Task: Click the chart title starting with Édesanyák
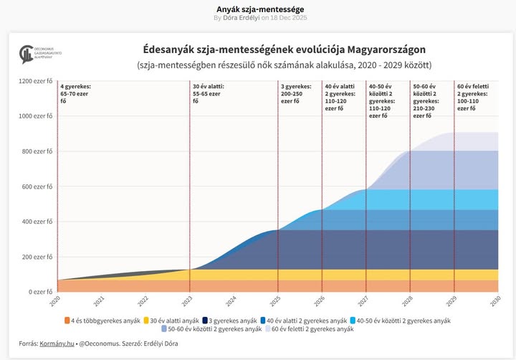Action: [284, 50]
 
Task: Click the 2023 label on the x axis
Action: [188, 302]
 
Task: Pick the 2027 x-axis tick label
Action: [365, 302]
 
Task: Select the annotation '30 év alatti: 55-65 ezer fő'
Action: [209, 94]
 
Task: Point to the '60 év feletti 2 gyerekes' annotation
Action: [474, 98]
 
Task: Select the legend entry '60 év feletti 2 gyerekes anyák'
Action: [313, 329]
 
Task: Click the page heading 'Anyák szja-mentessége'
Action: [257, 8]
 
